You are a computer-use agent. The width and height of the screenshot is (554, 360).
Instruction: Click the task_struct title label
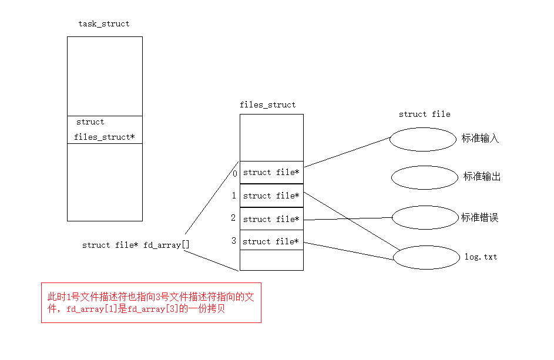tap(104, 24)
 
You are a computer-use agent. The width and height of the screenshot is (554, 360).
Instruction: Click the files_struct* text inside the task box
tap(104, 137)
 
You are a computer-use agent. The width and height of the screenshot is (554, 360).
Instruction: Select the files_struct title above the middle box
tap(268, 105)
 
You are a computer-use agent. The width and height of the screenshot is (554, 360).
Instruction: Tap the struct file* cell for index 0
tap(271, 172)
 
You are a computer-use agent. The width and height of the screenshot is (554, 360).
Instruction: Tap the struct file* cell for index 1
tap(271, 196)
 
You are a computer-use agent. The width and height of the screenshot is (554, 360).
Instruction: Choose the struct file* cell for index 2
tap(271, 219)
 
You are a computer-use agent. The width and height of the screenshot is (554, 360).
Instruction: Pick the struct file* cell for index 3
tap(271, 241)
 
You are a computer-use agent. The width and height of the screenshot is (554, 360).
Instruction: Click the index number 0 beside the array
tap(234, 173)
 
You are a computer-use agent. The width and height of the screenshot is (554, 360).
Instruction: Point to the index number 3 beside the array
tap(234, 241)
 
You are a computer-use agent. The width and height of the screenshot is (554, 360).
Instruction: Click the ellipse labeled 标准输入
tap(424, 139)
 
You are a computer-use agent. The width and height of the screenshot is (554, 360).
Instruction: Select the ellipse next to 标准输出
tap(424, 177)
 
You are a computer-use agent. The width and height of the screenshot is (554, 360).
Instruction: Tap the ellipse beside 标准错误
tap(424, 217)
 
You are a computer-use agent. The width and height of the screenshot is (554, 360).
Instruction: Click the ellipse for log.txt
tap(425, 257)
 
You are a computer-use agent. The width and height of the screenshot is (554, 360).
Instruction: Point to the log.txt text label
tap(481, 257)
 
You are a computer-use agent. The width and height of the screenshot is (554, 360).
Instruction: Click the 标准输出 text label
tap(482, 177)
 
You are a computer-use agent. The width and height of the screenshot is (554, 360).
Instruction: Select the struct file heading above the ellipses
tap(424, 115)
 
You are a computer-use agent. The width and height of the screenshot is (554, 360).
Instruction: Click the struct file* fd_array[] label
tap(136, 245)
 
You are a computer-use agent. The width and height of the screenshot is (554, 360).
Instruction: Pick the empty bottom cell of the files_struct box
tap(271, 260)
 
